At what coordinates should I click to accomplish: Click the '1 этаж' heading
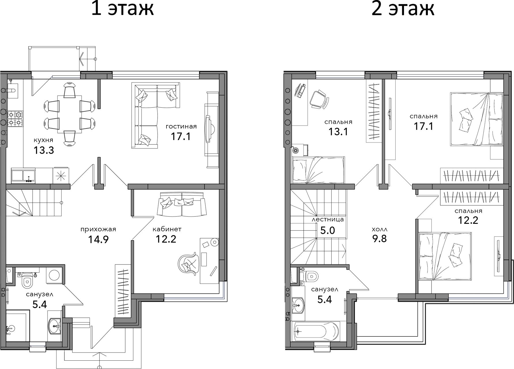click(122, 8)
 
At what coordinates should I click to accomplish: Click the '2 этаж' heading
click(402, 8)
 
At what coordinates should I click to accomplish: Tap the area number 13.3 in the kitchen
click(44, 150)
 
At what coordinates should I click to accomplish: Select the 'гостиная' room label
click(181, 126)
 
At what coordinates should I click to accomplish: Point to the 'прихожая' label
click(98, 229)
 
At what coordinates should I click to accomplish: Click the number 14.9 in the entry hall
click(98, 239)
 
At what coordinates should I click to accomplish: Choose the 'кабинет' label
click(167, 229)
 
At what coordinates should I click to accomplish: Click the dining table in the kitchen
click(69, 114)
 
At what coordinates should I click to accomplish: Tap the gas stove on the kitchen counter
click(15, 119)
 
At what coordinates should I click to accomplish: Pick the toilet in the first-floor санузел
click(28, 280)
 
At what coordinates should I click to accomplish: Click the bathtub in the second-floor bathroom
click(316, 331)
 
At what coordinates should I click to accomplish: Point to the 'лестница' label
click(328, 219)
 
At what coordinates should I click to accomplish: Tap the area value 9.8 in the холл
click(379, 239)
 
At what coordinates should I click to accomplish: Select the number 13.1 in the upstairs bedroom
click(338, 132)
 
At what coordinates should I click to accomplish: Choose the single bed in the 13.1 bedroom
click(318, 170)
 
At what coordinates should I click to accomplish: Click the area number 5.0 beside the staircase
click(328, 230)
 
